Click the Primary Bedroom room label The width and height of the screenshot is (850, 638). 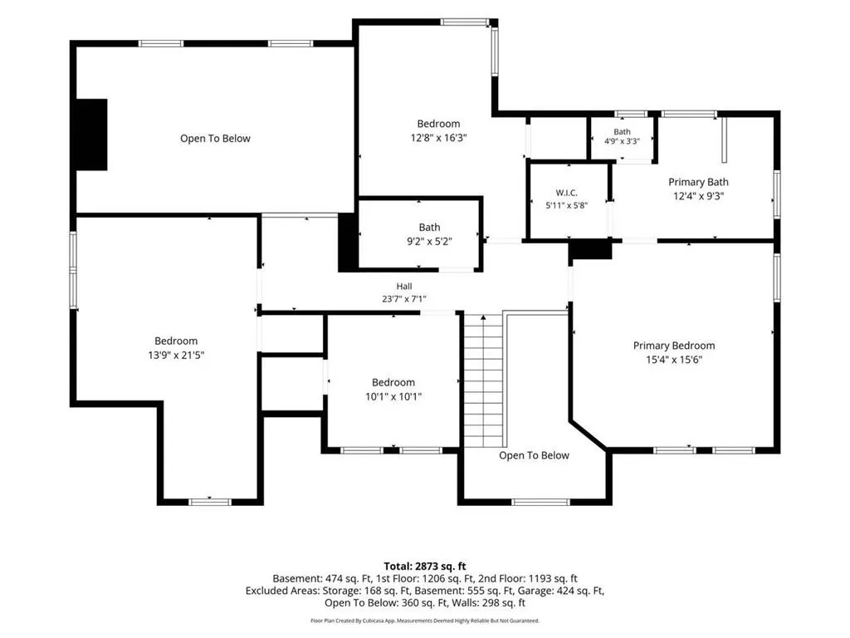pos(674,346)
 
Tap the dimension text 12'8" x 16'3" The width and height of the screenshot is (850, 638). pos(438,138)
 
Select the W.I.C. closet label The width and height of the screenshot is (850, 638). pos(566,193)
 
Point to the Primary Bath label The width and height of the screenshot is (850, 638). pos(698,182)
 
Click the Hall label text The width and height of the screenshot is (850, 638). pos(404,287)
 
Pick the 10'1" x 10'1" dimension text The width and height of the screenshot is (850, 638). pos(393,396)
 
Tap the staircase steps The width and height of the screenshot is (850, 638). pos(484,380)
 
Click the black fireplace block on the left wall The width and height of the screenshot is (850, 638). pos(91,135)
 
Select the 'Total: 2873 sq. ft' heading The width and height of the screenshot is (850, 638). pos(425,567)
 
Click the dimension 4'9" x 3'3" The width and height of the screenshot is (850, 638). pos(622,141)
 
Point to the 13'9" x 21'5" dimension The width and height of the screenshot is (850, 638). pos(176,356)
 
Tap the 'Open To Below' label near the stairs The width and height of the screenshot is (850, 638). pos(534,456)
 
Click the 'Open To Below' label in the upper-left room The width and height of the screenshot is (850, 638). pos(215,139)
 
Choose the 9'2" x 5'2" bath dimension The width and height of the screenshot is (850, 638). pos(429,242)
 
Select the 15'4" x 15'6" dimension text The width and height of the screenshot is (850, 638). pos(674,360)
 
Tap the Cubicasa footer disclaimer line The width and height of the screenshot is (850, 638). pos(425,621)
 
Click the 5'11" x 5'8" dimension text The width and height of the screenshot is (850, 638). pos(566,206)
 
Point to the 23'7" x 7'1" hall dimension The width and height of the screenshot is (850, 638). pos(404,299)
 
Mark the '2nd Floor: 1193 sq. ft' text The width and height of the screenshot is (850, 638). pos(527,579)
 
